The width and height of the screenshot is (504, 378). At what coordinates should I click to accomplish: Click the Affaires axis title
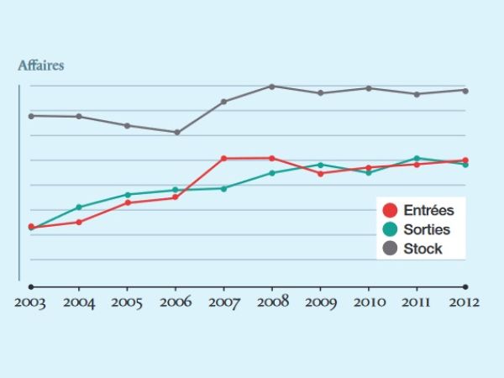pos(40,64)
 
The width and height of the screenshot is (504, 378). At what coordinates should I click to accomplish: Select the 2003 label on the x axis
pos(30,302)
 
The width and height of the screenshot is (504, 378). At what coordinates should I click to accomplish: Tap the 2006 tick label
pos(175,302)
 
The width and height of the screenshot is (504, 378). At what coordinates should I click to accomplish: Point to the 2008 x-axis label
pos(271,302)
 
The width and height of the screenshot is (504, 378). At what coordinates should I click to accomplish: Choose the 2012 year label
pos(464,302)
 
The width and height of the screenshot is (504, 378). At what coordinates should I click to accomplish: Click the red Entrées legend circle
pos(390,211)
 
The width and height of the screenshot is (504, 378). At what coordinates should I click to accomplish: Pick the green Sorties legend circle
pos(390,229)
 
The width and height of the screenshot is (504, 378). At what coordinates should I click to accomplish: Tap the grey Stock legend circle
pos(390,248)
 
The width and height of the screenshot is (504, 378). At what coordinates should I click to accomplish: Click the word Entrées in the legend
pos(428,211)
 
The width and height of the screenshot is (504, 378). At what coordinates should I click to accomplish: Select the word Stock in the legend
pos(423,249)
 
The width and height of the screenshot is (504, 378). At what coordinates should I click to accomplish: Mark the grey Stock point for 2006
pos(176,132)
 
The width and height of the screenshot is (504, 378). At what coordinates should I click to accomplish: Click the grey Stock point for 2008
pos(272,86)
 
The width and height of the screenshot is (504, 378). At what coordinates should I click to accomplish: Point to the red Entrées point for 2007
pos(223,158)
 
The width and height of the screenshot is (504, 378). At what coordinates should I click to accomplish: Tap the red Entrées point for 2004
pos(79,222)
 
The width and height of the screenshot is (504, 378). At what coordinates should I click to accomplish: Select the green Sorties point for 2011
pos(417,158)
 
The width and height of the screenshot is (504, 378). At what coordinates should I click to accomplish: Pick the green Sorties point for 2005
pos(128,194)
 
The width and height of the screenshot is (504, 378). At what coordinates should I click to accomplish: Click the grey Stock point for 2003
pos(31,116)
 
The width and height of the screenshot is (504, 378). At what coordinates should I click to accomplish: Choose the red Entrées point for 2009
pos(320,173)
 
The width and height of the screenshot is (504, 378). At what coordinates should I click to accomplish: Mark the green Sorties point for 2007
pos(223,188)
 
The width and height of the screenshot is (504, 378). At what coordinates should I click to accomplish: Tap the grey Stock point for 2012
pos(465,90)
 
